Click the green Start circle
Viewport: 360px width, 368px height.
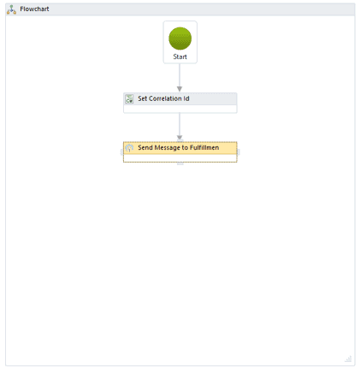pos(180,39)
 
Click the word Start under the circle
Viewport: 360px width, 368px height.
pos(180,56)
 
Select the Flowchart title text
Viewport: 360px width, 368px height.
pos(34,9)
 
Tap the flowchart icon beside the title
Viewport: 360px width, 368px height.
pos(11,9)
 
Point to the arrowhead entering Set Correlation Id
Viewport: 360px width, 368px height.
pos(180,89)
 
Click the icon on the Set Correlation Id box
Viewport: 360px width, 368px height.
pos(129,99)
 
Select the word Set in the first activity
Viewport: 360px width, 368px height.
pos(143,98)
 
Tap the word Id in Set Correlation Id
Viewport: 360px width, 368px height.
pos(186,98)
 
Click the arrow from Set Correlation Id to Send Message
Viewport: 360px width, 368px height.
pos(180,127)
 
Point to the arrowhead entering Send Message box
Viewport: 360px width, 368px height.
pos(180,138)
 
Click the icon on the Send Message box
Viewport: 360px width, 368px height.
pos(129,148)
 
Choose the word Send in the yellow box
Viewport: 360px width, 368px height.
pos(145,148)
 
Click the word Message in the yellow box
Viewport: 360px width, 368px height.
pos(168,148)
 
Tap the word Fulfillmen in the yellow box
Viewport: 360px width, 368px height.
pos(204,148)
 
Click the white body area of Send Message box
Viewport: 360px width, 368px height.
pos(180,158)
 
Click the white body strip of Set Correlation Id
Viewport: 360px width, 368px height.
pos(180,109)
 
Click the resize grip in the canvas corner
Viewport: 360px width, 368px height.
pos(348,359)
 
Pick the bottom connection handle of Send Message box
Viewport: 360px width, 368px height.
pos(180,163)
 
